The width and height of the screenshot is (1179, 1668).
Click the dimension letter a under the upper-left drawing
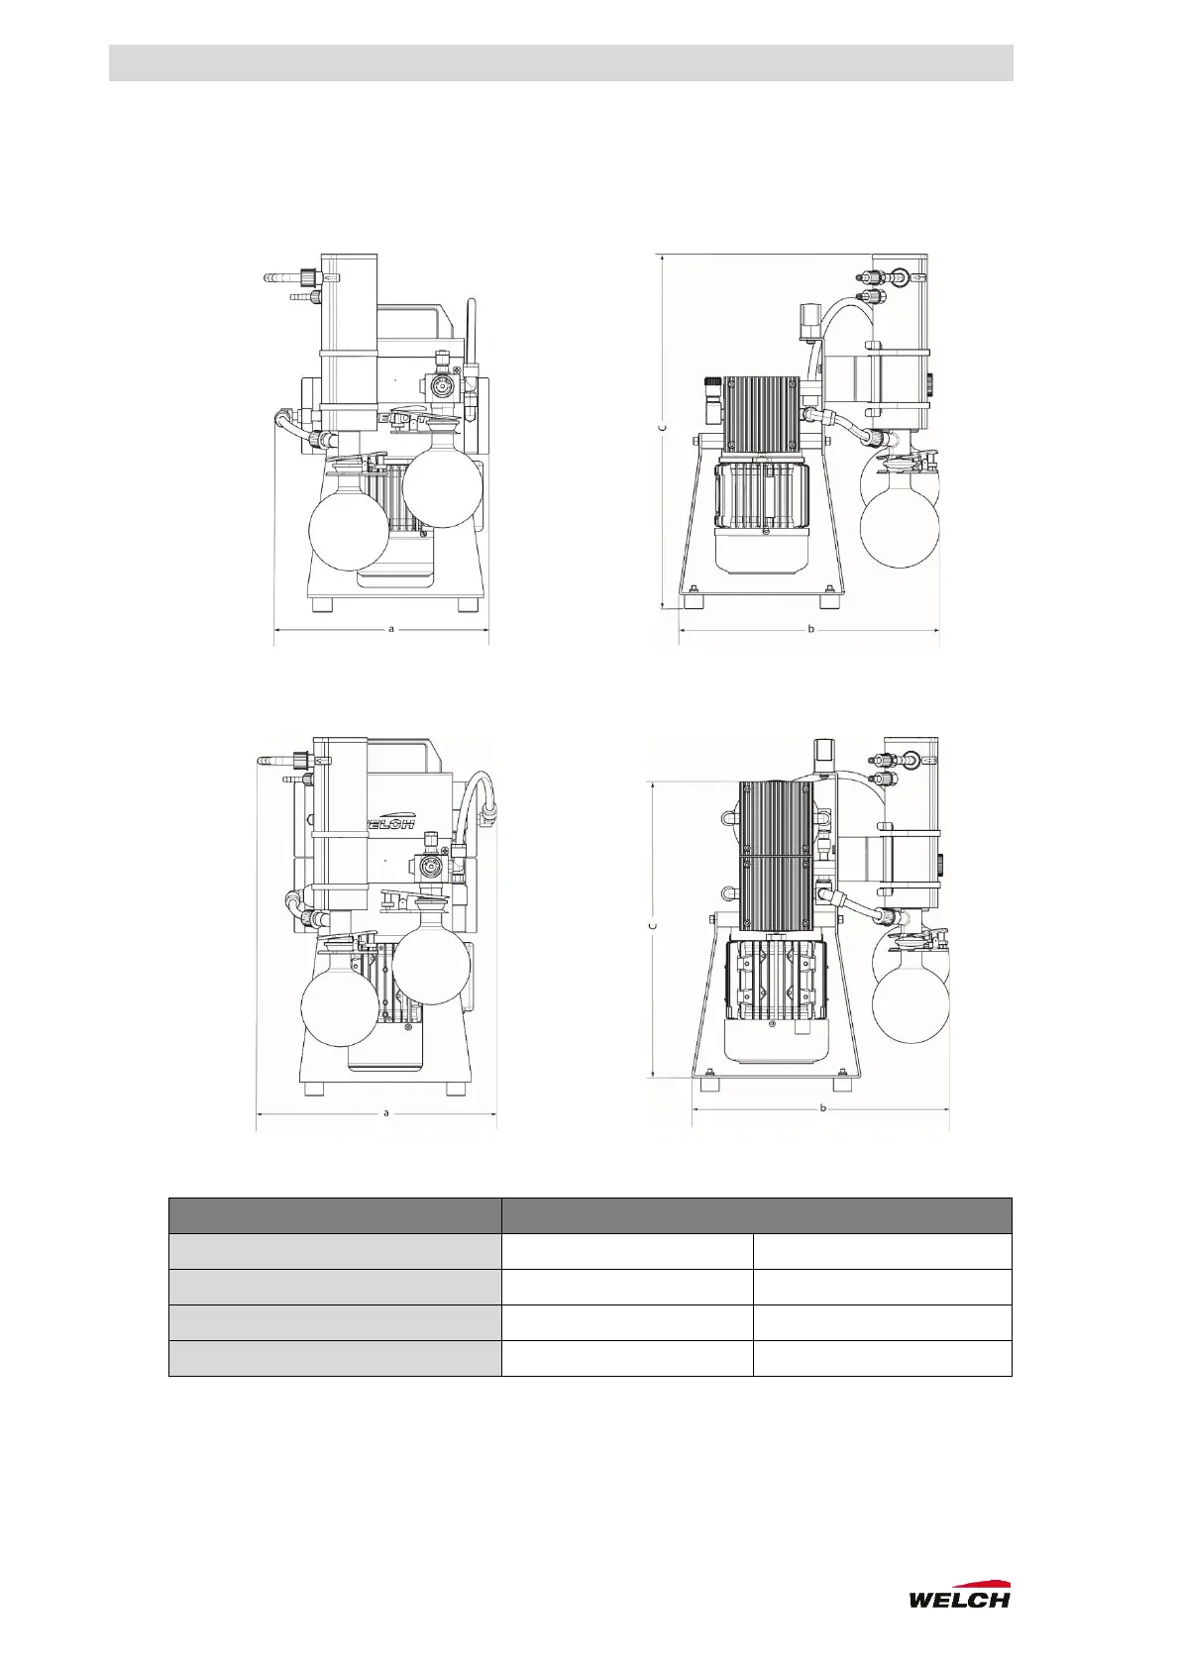click(391, 629)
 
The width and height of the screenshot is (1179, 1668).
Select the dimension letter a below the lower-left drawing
click(385, 1113)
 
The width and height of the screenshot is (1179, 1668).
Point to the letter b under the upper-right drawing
click(811, 629)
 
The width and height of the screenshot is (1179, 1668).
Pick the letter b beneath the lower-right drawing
click(823, 1107)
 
